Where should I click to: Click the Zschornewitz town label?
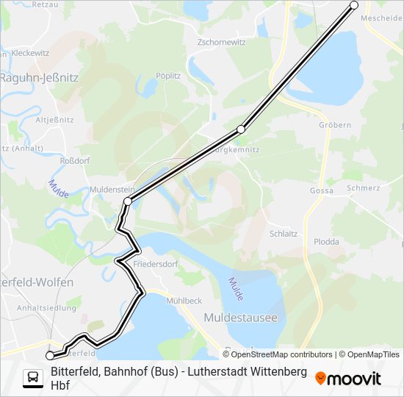[221, 42]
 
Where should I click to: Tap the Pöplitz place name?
[168, 75]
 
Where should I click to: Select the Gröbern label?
[335, 125]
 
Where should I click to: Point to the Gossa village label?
[322, 190]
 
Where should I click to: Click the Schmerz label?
[364, 187]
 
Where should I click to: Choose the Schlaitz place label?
[284, 233]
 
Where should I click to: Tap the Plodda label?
[326, 241]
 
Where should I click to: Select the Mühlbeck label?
[184, 301]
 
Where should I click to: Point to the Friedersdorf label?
[155, 262]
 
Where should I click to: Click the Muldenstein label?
[109, 189]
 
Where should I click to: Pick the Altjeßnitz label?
[55, 118]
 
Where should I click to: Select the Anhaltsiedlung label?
[46, 308]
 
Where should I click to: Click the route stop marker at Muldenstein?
[128, 201]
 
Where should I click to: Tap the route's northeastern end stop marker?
[354, 5]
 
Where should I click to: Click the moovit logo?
[348, 378]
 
